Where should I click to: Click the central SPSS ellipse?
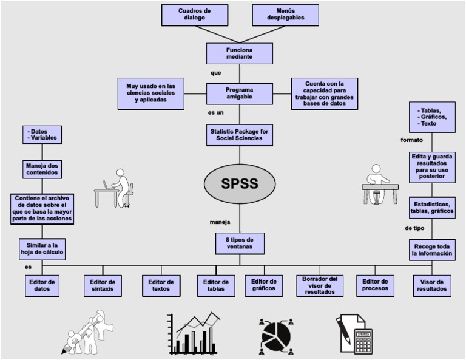239,183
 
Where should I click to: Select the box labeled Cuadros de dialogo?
195,15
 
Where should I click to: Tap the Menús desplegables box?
286,15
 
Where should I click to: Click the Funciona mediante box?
239,53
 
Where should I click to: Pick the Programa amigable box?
239,94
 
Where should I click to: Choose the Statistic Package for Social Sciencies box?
239,135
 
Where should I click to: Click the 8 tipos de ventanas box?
239,243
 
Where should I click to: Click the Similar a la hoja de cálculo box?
42,248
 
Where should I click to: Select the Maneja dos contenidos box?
42,168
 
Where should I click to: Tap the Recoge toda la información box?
432,250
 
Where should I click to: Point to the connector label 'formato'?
411,140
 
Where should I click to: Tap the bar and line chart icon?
194,334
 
